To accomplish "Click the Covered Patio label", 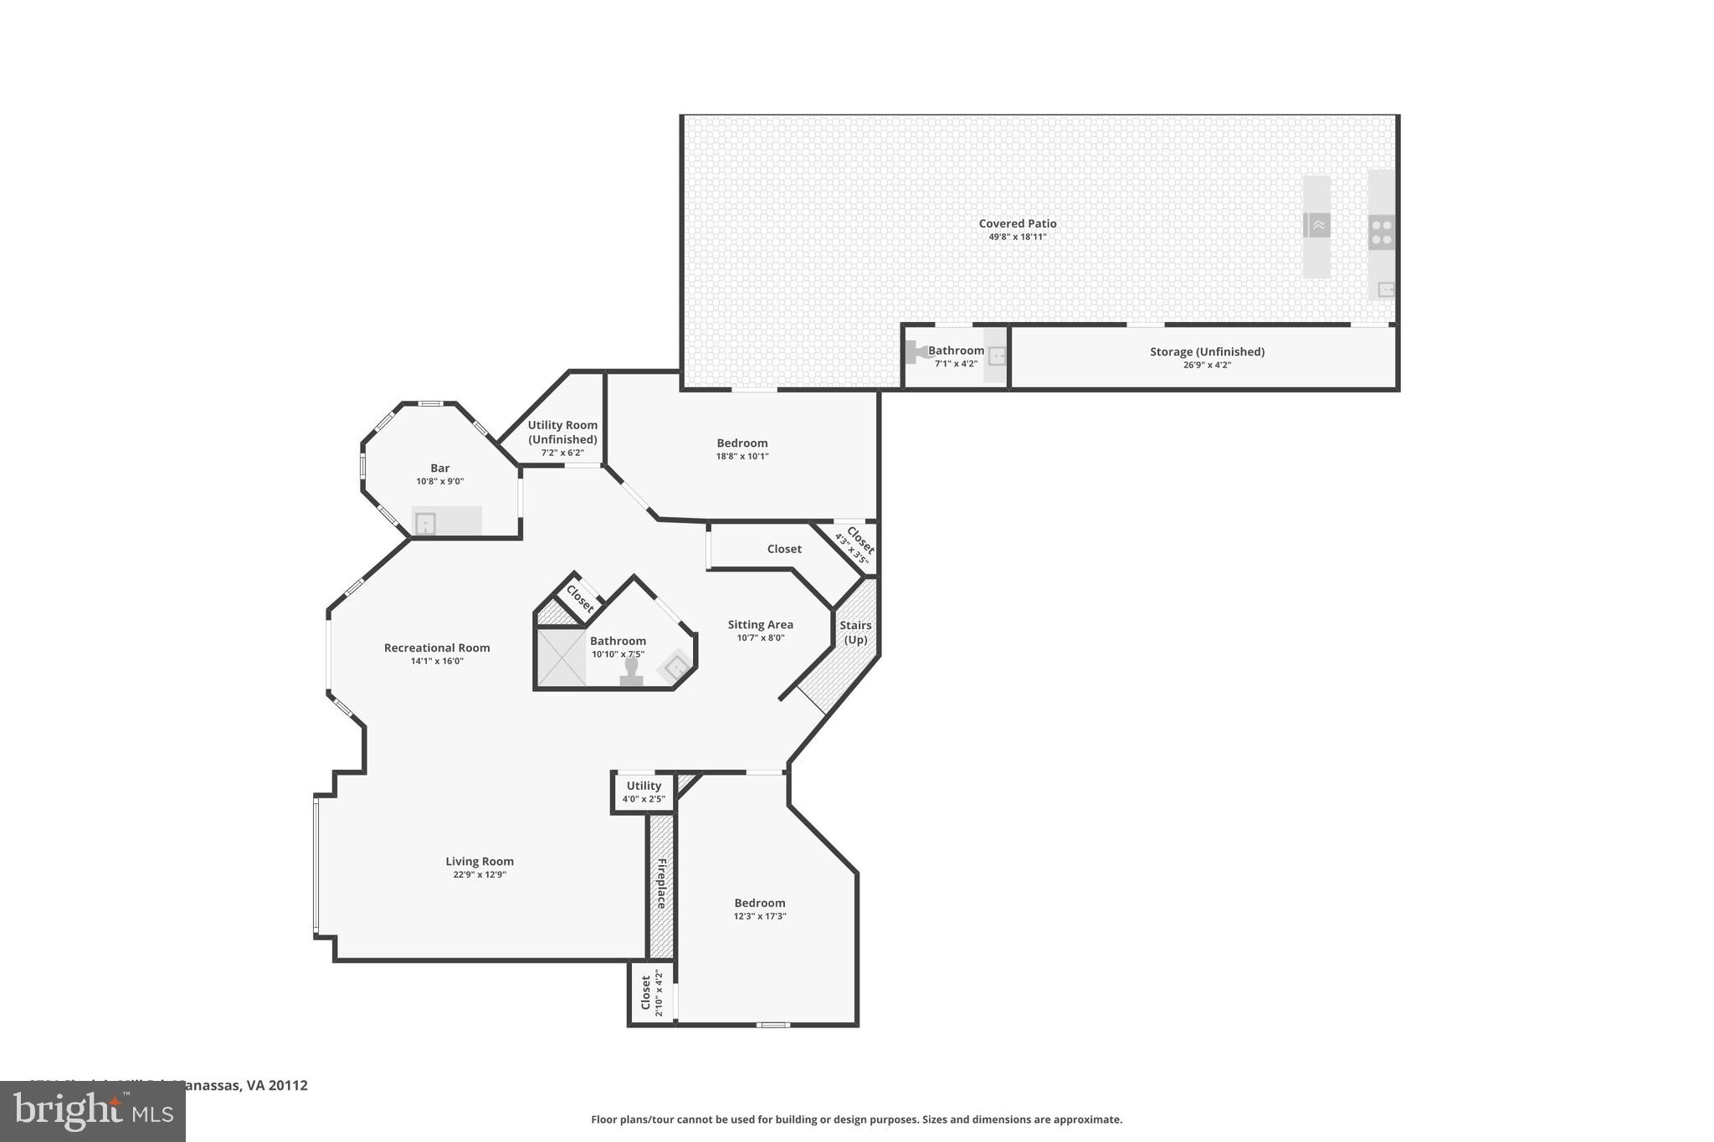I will tap(1018, 223).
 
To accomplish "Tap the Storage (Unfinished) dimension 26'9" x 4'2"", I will tap(1206, 365).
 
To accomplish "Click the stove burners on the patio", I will tap(1381, 233).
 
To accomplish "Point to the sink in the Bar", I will tap(426, 524).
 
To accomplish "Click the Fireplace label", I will tap(661, 883).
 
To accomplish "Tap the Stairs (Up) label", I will tap(855, 632).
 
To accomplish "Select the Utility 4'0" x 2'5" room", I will tap(644, 791).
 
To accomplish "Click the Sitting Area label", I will tap(760, 624).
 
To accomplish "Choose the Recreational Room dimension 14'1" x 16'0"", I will tap(437, 661).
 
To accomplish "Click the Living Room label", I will tap(480, 861).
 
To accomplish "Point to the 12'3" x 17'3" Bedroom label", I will tap(760, 903).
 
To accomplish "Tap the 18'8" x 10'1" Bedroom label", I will tap(742, 443).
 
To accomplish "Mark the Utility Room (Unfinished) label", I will tap(562, 432).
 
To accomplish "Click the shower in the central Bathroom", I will tap(561, 658).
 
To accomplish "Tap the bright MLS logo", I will tap(92, 1111).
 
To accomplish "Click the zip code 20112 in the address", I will tap(288, 1085).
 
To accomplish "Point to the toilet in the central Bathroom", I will tap(631, 673).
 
